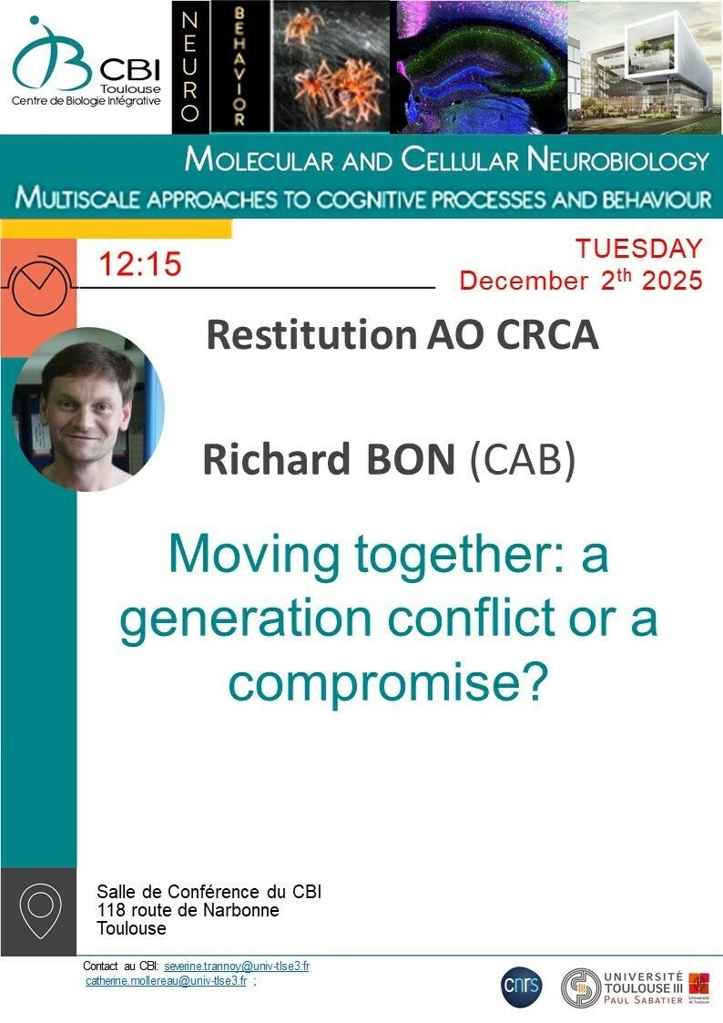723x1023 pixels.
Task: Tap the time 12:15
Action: click(140, 265)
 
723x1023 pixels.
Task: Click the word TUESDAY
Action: click(638, 249)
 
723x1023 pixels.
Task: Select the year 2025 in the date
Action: click(672, 281)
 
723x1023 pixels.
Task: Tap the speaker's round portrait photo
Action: click(88, 409)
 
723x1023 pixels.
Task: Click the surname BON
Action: click(411, 459)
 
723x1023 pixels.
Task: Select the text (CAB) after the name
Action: click(523, 460)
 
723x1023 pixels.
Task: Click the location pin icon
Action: click(40, 910)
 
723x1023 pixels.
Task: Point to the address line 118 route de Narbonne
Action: click(188, 910)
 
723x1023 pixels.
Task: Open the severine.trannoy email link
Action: click(237, 967)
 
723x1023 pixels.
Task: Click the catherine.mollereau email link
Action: click(167, 980)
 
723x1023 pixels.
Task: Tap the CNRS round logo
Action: click(522, 985)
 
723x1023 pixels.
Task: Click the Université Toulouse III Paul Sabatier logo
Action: click(636, 987)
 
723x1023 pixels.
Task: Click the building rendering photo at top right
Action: click(646, 67)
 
